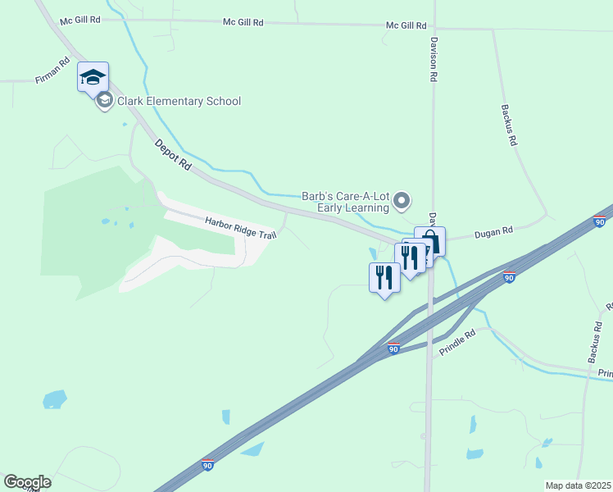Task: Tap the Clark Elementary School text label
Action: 179,101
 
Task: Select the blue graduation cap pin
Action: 93,79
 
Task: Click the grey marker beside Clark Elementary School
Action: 104,101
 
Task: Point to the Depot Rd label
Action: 173,154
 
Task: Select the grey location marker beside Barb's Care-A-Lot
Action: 402,200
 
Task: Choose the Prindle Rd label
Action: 457,341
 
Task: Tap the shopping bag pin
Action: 430,242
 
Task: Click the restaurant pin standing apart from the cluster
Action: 384,278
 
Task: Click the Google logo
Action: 27,482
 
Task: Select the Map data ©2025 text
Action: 578,485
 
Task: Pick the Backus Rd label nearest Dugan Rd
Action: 510,125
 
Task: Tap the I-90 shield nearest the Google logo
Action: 208,465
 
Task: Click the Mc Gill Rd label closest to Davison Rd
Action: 406,26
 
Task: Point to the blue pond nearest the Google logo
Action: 54,399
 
